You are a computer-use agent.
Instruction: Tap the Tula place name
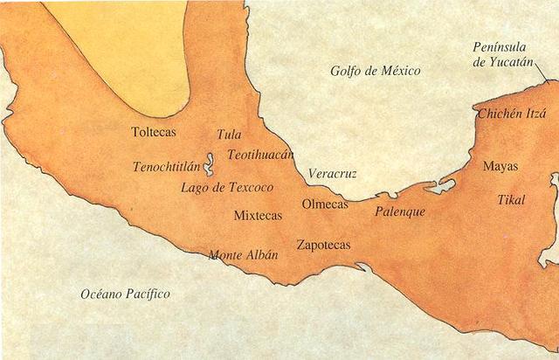tap(228, 135)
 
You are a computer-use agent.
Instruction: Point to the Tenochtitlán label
tap(166, 166)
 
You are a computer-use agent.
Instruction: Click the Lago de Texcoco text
tap(227, 187)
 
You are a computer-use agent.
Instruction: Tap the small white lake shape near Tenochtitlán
tap(210, 164)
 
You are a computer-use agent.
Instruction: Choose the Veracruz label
tap(332, 174)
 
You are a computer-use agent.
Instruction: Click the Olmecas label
tap(324, 204)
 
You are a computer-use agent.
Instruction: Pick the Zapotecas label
tap(323, 245)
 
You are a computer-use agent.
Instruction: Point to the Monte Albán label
tap(243, 255)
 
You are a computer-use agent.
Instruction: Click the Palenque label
tap(399, 211)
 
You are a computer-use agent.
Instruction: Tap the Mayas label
tap(500, 166)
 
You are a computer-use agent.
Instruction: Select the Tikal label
tap(511, 200)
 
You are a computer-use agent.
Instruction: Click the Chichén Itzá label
tap(511, 114)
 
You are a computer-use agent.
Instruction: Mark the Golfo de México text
tap(376, 70)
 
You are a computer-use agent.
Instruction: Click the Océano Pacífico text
tap(125, 294)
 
